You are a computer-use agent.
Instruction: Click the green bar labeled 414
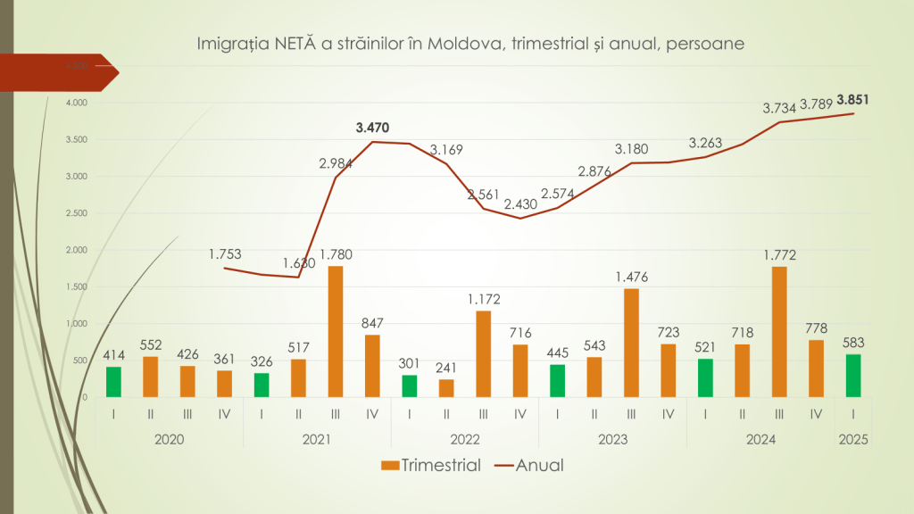(x=114, y=382)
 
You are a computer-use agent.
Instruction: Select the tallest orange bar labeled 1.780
(x=336, y=332)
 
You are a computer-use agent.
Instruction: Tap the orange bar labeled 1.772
(x=779, y=332)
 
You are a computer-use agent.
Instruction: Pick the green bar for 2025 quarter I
(x=853, y=376)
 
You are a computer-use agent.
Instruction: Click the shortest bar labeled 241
(x=446, y=388)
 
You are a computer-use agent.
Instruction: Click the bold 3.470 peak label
(x=373, y=128)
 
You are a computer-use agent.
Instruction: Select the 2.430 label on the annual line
(x=521, y=204)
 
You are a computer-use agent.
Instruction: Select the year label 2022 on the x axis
(x=465, y=439)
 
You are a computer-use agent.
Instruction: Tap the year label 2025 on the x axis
(x=853, y=439)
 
